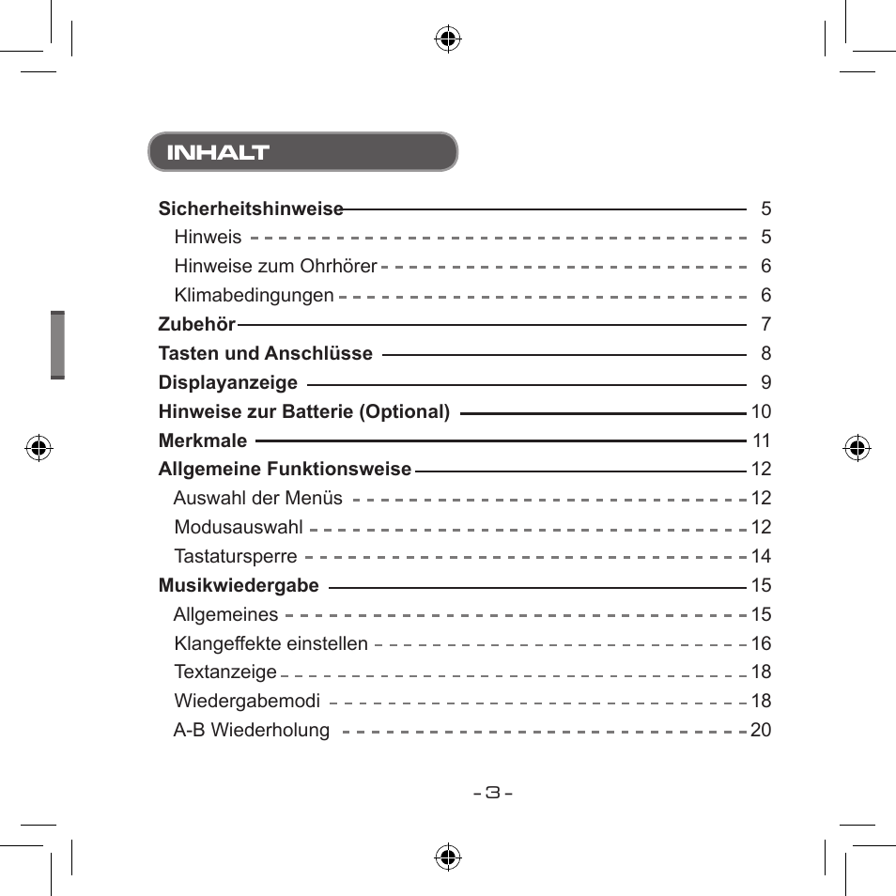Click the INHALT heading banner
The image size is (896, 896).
tap(302, 152)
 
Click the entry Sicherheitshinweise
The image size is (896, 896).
tap(251, 209)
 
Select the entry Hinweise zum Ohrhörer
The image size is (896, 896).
tap(275, 267)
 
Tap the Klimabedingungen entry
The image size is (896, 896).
tap(254, 296)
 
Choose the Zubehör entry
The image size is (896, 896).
tap(196, 325)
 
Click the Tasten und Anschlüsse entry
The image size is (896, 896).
tap(265, 354)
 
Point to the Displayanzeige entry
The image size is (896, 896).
tap(227, 383)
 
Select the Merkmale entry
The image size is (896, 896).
tap(203, 441)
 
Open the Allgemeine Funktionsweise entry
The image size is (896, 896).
tap(285, 470)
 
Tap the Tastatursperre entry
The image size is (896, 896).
tap(235, 557)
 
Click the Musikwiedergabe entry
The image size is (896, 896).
tap(239, 586)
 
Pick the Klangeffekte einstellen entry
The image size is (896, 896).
tap(270, 644)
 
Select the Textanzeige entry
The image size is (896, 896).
tap(225, 672)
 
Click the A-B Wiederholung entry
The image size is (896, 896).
tap(252, 731)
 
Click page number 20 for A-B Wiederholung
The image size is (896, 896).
tap(761, 731)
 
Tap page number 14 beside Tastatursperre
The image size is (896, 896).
tap(761, 557)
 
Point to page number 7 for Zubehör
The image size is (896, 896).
tap(765, 325)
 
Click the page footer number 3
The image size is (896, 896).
tap(493, 792)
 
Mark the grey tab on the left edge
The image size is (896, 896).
tap(58, 345)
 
